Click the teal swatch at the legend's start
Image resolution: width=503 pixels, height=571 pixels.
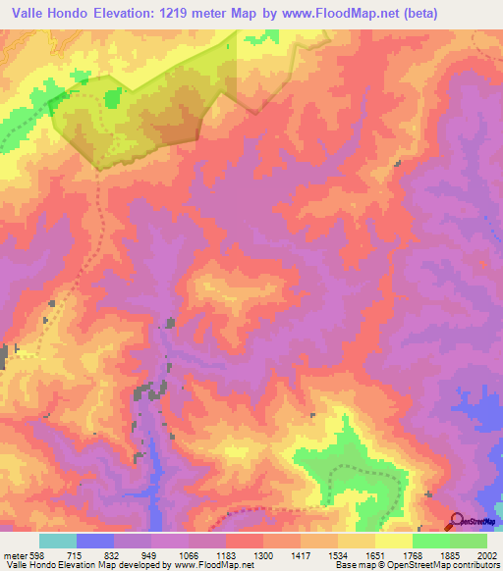click(x=58, y=541)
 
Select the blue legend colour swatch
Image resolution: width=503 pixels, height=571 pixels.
click(x=95, y=541)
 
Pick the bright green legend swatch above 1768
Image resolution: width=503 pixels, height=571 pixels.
click(x=431, y=541)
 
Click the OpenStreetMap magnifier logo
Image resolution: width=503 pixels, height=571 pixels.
click(x=456, y=520)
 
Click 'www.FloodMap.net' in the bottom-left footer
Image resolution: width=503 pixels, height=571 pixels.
click(x=205, y=565)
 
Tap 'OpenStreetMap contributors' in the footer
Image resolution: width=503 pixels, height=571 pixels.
click(x=453, y=565)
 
